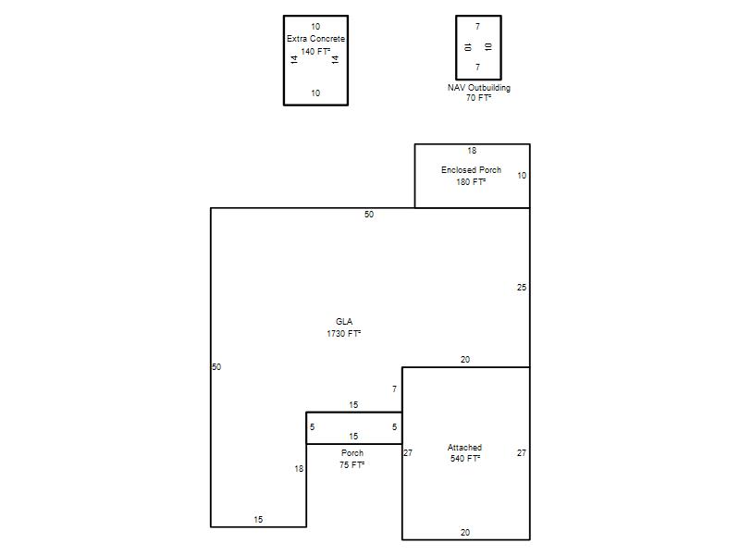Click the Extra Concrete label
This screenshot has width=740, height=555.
[315, 39]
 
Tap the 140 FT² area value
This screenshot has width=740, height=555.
[315, 52]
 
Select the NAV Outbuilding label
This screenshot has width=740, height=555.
[478, 88]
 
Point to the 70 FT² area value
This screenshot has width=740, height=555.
[478, 98]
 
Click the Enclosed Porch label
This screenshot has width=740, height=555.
[471, 170]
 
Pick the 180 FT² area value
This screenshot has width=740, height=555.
[471, 181]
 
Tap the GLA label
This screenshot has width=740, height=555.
[344, 321]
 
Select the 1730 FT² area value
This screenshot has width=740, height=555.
[344, 334]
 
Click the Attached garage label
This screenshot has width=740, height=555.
[465, 447]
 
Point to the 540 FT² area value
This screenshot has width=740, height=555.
[465, 458]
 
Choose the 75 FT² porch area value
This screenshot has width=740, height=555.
[352, 465]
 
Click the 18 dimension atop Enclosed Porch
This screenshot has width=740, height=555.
[472, 151]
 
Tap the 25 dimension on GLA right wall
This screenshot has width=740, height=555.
[522, 287]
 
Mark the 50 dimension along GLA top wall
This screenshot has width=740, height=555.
[369, 215]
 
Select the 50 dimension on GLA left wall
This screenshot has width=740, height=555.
[216, 366]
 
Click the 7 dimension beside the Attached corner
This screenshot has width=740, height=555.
[395, 388]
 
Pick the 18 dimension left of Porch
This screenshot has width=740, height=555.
[299, 469]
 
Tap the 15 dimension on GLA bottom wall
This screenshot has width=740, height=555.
[258, 520]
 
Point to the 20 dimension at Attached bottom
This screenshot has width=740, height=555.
[465, 533]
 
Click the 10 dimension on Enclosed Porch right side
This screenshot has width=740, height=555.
[522, 176]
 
